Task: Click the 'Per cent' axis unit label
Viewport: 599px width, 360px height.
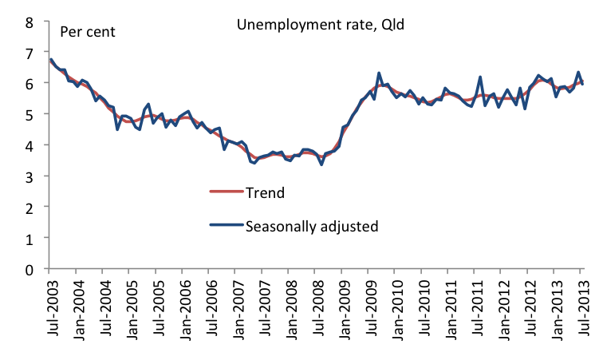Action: (88, 33)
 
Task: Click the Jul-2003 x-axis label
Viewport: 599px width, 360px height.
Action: (50, 307)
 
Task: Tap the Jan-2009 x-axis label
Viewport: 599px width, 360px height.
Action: (342, 307)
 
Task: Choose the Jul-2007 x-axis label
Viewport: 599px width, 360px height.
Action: (262, 307)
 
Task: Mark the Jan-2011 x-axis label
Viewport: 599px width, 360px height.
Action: (448, 307)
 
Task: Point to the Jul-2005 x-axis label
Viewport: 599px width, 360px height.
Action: (156, 307)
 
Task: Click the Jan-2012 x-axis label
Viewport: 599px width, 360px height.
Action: (502, 307)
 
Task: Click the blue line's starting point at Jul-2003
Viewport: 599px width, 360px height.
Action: (50, 60)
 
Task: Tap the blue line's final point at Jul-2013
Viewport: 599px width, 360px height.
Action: (581, 84)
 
